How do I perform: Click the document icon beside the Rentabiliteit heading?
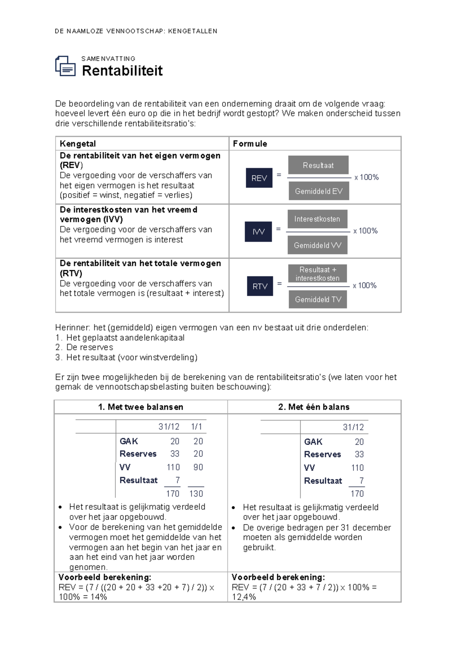65,66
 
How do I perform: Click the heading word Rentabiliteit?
122,71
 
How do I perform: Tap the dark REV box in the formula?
259,178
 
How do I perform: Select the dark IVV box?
258,232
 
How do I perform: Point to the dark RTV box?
260,286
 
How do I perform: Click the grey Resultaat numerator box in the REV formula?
318,165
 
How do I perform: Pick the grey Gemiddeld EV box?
318,191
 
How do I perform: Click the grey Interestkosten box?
317,219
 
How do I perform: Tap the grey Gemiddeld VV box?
317,245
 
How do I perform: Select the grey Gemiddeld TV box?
318,300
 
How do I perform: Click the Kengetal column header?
78,144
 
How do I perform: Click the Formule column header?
250,144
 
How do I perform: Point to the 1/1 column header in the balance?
196,427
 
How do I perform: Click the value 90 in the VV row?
198,467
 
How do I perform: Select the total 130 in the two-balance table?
196,494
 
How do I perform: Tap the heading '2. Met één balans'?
314,407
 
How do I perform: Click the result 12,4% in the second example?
244,597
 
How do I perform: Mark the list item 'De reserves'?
89,347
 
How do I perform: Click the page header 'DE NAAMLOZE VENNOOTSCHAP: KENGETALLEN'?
136,31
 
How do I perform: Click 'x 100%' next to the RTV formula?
365,286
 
